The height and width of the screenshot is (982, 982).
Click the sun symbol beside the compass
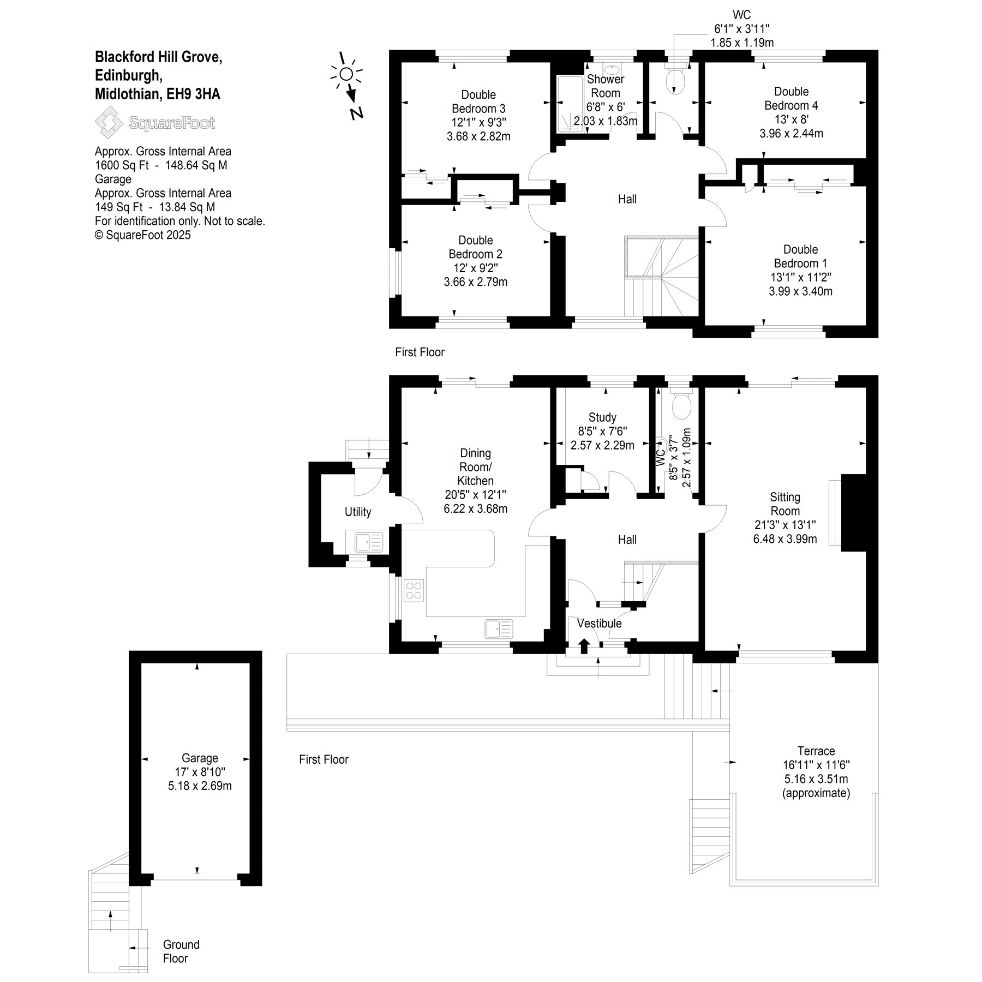tap(346, 74)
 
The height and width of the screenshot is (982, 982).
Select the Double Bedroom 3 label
tap(478, 101)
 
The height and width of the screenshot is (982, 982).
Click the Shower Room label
tap(606, 86)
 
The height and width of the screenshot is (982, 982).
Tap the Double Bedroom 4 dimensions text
tap(791, 127)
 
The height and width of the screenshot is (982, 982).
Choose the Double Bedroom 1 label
tap(800, 256)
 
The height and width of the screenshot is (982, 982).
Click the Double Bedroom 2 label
tap(476, 247)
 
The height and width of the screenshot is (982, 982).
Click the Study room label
tap(602, 417)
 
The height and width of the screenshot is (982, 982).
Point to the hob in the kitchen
tap(414, 590)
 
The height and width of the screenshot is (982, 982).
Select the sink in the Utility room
tap(369, 542)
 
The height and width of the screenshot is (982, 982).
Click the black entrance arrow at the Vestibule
tap(584, 645)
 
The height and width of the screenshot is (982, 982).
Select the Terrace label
tap(816, 751)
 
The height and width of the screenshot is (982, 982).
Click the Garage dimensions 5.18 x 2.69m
tap(200, 786)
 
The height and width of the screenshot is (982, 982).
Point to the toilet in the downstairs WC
tap(681, 406)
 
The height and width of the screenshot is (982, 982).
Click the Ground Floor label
tap(181, 951)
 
